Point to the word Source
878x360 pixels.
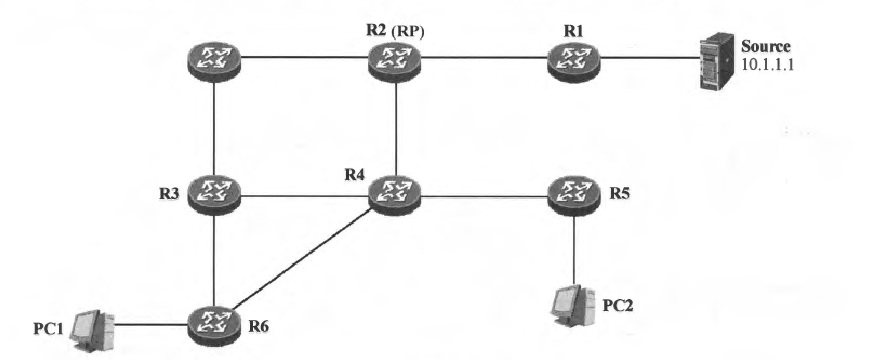point(765,47)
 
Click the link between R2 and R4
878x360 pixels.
point(396,128)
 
